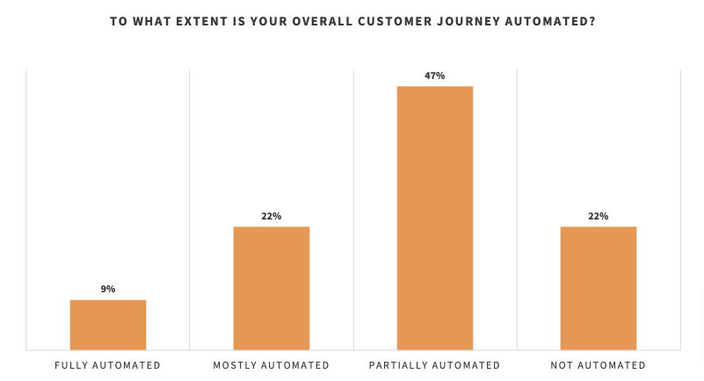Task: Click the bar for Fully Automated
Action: (x=108, y=325)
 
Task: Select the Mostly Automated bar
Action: (x=272, y=289)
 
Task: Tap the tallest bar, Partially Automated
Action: (x=435, y=218)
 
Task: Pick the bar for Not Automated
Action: (x=599, y=289)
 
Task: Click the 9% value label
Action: (x=108, y=289)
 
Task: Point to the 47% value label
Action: (x=435, y=75)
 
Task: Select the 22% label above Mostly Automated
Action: (x=272, y=216)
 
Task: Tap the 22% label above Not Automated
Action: (x=599, y=216)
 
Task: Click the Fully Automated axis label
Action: (x=108, y=365)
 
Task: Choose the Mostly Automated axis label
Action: (x=272, y=365)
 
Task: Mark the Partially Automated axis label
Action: (x=435, y=365)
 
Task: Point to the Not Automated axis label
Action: (x=599, y=365)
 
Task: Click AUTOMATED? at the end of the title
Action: (x=558, y=21)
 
